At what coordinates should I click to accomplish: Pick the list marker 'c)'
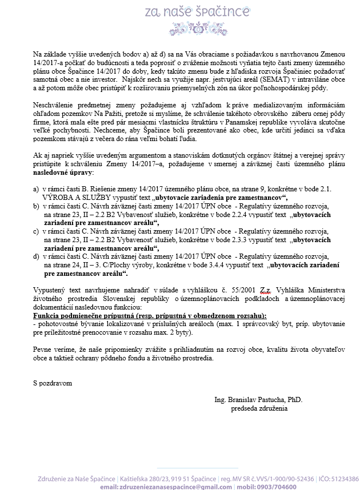tap(37, 231)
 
